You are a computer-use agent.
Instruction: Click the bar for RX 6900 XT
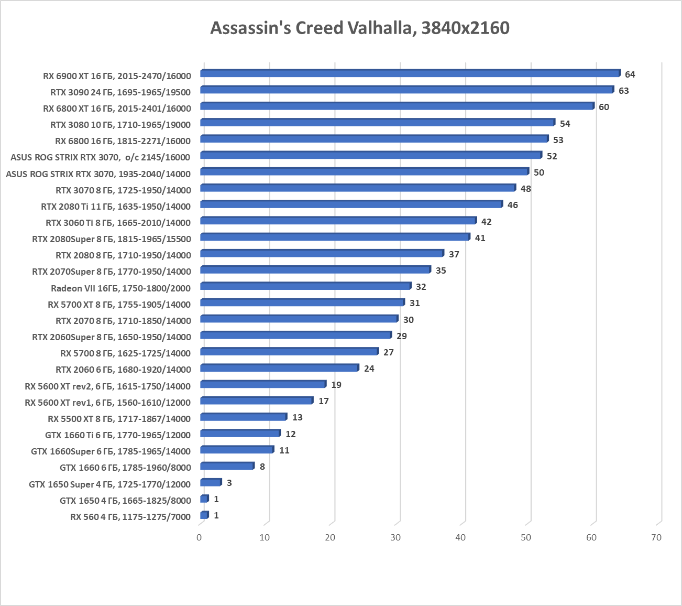click(410, 73)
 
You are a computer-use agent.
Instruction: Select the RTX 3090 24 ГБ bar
click(406, 90)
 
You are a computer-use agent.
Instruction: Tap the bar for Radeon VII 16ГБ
click(305, 286)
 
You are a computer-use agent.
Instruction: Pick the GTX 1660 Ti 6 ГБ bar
click(240, 434)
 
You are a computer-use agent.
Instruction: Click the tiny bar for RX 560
click(204, 515)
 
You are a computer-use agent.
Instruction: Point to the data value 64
click(630, 74)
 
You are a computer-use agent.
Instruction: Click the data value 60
click(603, 107)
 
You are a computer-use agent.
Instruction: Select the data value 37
click(454, 254)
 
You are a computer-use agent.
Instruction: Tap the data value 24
click(369, 369)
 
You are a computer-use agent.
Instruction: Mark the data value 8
click(262, 467)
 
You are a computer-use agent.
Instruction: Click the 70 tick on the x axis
click(656, 537)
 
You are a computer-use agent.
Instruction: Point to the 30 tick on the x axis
click(395, 537)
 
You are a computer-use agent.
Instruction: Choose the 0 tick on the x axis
click(199, 537)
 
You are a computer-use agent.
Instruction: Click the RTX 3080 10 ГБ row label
click(120, 125)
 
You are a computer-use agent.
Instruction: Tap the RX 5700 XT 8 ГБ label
click(119, 305)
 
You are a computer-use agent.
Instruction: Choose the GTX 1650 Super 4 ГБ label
click(109, 484)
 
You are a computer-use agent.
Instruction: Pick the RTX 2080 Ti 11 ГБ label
click(116, 207)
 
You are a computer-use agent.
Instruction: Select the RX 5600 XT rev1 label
click(107, 403)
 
